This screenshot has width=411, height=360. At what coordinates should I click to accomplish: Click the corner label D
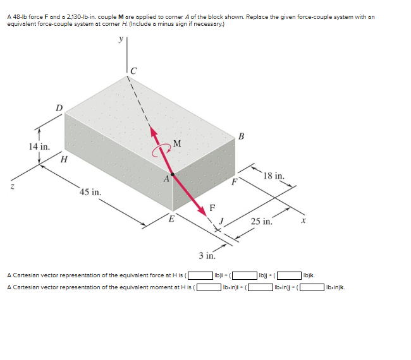click(59, 107)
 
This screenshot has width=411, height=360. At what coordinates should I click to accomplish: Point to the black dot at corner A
click(172, 174)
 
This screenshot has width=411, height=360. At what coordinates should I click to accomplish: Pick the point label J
click(222, 220)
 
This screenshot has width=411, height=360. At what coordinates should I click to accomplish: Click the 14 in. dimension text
click(39, 147)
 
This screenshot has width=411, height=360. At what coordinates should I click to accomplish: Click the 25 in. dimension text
click(261, 221)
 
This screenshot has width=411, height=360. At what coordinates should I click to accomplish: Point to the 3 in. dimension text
click(206, 256)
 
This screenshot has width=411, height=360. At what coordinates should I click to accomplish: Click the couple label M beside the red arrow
click(177, 143)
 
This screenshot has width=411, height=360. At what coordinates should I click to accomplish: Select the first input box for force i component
click(200, 275)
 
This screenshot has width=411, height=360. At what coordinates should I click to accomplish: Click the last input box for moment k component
click(311, 288)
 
